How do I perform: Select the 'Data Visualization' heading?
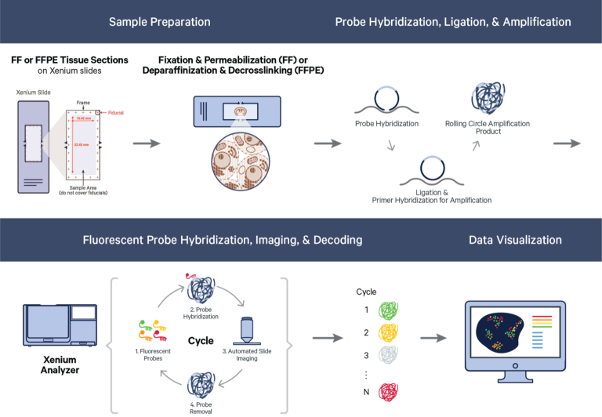click(515, 240)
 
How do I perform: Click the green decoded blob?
click(388, 310)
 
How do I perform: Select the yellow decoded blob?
click(388, 332)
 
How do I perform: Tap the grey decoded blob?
click(388, 354)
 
